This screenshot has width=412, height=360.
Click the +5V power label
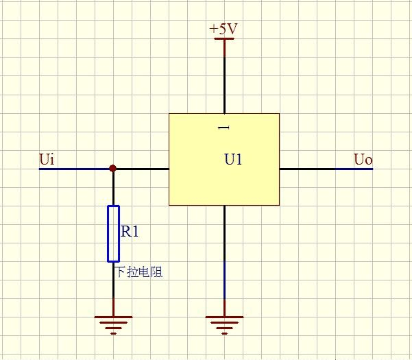click(223, 29)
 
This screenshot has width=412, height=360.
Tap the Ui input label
click(47, 160)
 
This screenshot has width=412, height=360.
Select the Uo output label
click(363, 160)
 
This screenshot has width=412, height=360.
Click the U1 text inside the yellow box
click(234, 160)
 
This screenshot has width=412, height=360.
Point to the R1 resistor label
click(130, 232)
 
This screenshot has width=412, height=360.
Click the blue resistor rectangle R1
click(113, 233)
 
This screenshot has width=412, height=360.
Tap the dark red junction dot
click(113, 168)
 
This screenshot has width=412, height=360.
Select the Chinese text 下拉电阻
click(139, 272)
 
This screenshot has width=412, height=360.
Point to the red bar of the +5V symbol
click(223, 38)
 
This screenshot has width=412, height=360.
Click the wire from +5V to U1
click(223, 75)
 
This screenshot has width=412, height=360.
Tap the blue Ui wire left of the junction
click(75, 169)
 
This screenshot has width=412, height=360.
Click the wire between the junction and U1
click(141, 169)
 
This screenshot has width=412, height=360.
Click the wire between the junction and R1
click(113, 187)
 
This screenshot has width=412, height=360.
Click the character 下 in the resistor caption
click(121, 272)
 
